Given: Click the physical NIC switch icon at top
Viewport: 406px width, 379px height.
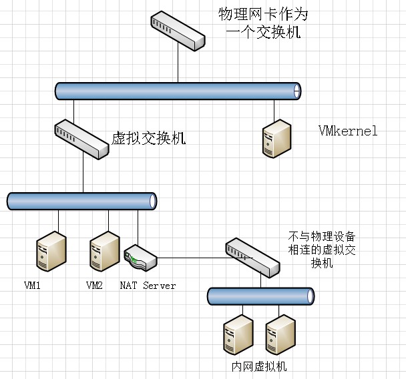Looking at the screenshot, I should [177, 31].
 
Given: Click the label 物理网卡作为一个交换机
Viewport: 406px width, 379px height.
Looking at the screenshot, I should [263, 23].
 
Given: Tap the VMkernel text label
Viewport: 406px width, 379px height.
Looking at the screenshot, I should [348, 131].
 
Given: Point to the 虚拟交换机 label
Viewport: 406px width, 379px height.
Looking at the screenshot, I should [148, 139].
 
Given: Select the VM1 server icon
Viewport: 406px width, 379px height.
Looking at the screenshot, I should [51, 251].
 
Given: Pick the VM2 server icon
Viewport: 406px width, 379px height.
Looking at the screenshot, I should [105, 251].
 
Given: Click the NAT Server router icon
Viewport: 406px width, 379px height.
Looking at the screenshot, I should [140, 258].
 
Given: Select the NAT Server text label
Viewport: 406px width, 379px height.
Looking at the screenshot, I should [148, 286].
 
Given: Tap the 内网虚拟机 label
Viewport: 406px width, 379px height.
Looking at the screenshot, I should [258, 367].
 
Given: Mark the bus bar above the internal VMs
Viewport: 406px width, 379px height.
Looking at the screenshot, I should [260, 295].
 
